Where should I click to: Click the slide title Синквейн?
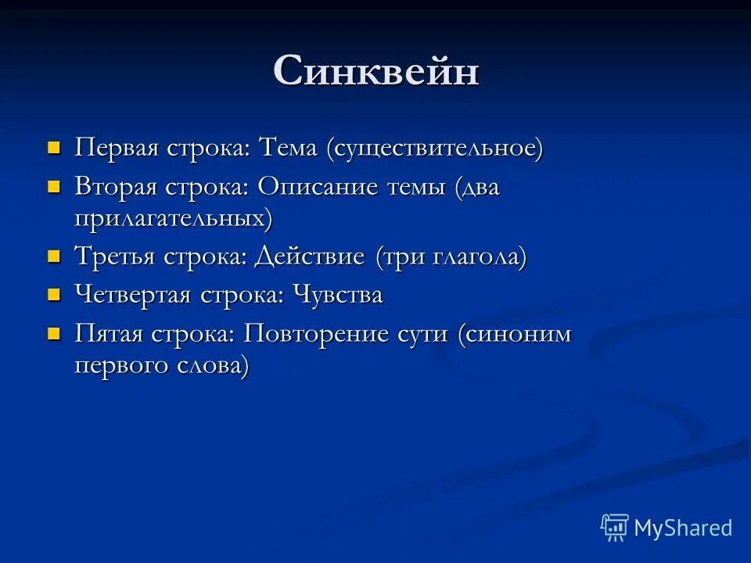375,72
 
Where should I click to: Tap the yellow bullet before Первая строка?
54,147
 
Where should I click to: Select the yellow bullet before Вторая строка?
54,187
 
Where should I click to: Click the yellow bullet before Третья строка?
54,256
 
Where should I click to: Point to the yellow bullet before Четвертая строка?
54,294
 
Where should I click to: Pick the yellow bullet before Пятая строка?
54,334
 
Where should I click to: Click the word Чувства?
337,295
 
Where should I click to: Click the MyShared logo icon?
615,528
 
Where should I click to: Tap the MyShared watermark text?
683,528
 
